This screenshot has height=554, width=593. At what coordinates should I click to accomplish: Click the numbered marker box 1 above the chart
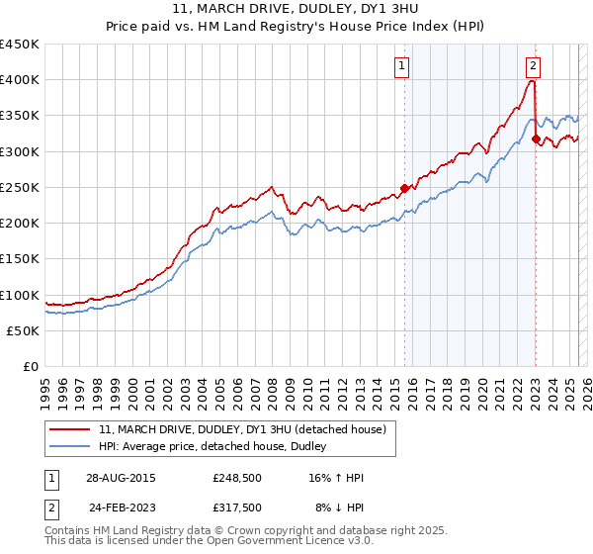(x=403, y=66)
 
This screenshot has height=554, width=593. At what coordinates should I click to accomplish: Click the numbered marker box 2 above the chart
(x=533, y=66)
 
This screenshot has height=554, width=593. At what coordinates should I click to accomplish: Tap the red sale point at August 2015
(x=404, y=187)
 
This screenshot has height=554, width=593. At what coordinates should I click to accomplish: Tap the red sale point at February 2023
(x=536, y=138)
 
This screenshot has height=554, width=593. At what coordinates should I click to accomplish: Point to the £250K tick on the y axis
(x=21, y=187)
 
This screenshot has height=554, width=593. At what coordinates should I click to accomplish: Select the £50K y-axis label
(x=24, y=330)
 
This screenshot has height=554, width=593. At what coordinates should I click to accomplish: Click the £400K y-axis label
(x=21, y=79)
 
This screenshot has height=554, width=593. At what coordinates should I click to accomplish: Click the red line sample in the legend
(x=71, y=428)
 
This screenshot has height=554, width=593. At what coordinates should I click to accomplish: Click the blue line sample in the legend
(x=71, y=446)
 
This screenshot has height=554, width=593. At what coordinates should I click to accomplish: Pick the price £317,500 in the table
(x=237, y=508)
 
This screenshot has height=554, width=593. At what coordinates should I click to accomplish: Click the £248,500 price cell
(x=237, y=478)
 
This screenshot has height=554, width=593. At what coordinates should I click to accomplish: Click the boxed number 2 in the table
(x=50, y=508)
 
